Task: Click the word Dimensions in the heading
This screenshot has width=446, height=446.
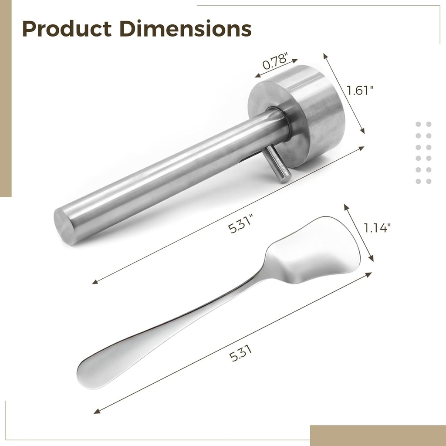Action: tap(185, 29)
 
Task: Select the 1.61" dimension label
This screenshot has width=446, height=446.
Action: tap(360, 91)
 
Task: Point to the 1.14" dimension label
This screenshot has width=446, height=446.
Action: tap(377, 227)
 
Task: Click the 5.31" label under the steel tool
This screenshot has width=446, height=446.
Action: tap(241, 225)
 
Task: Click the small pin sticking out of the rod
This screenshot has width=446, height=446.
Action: tap(278, 163)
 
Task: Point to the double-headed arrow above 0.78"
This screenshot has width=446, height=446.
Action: tap(276, 68)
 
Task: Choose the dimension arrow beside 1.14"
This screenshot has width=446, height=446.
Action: tap(359, 233)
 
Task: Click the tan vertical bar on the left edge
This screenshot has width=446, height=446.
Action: tap(5, 98)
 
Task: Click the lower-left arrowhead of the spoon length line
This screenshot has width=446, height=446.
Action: tap(96, 412)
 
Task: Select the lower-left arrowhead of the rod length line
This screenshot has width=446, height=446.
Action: tap(95, 283)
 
